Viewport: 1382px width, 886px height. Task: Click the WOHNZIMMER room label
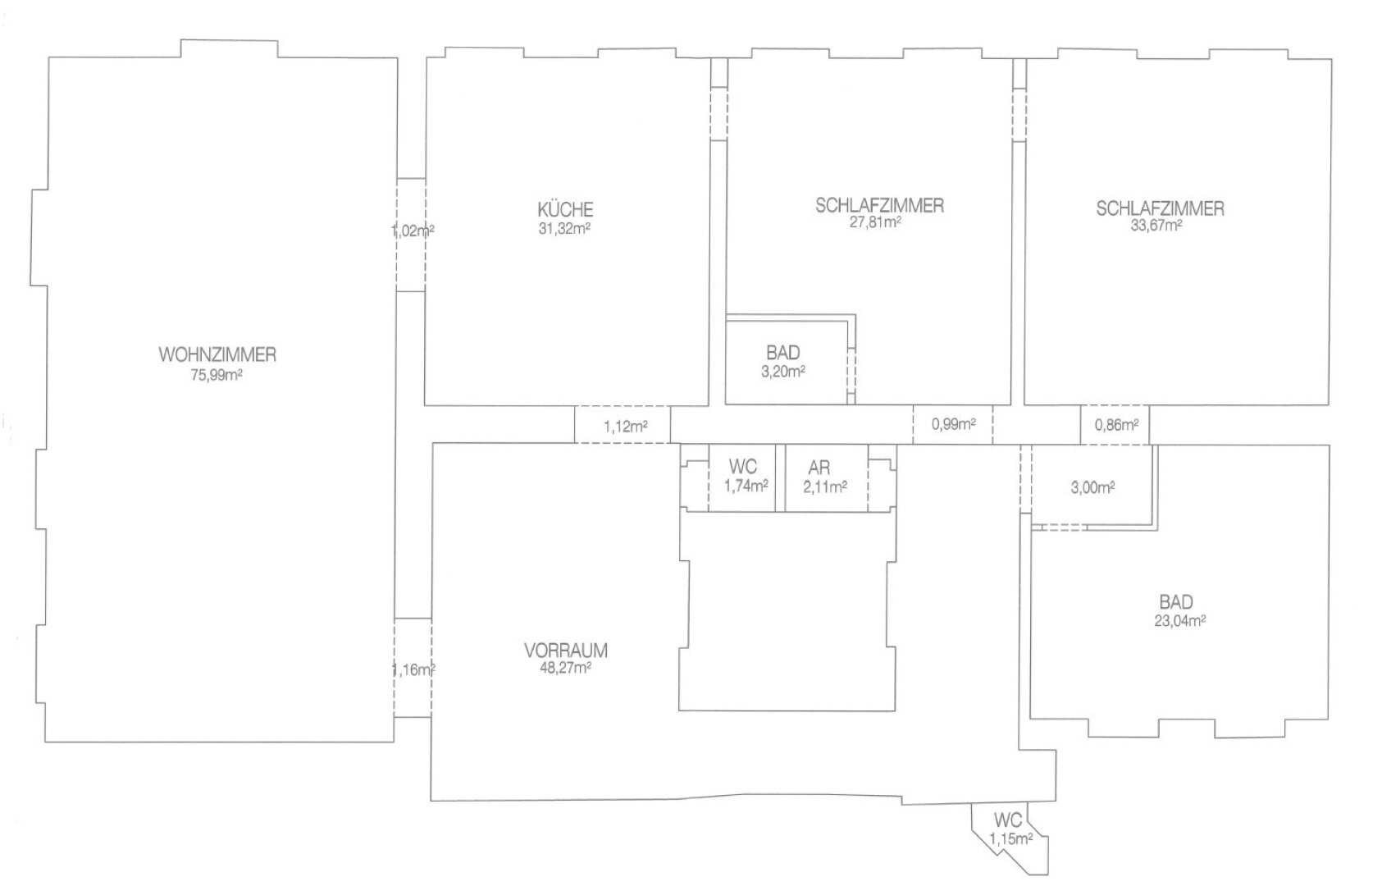point(218,354)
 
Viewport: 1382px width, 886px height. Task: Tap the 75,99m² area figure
point(217,375)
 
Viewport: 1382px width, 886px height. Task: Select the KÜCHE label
point(565,209)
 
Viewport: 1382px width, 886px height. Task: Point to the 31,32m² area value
point(564,228)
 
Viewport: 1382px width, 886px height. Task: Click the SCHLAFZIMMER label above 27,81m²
point(880,205)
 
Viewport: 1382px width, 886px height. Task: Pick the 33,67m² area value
point(1156,226)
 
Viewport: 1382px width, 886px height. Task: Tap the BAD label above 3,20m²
point(783,352)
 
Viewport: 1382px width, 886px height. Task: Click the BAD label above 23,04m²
point(1176,601)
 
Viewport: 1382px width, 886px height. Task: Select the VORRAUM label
point(566,651)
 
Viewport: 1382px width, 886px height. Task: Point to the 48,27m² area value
point(566,668)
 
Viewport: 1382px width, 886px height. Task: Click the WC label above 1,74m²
point(743,467)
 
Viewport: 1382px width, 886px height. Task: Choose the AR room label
point(819,468)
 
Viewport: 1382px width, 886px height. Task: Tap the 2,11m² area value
point(825,487)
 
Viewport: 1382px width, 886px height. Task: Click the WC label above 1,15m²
point(1008,820)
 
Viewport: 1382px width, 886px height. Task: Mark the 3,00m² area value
point(1092,487)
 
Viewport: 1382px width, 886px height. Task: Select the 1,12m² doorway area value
point(626,426)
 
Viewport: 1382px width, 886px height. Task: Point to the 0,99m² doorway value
point(954,424)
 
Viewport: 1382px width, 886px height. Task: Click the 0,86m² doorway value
point(1117,424)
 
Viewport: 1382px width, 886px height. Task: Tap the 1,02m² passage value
point(413,231)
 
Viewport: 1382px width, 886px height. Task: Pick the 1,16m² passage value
point(413,669)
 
